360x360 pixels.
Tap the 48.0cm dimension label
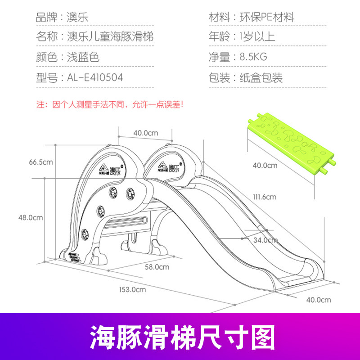point(31,218)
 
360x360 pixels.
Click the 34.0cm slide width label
point(265,239)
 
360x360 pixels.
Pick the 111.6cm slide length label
point(264,197)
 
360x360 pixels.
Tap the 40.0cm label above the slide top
point(146,133)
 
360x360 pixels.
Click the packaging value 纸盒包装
point(265,77)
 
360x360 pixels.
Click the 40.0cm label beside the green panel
point(265,165)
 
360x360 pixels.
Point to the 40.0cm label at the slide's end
point(319,300)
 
